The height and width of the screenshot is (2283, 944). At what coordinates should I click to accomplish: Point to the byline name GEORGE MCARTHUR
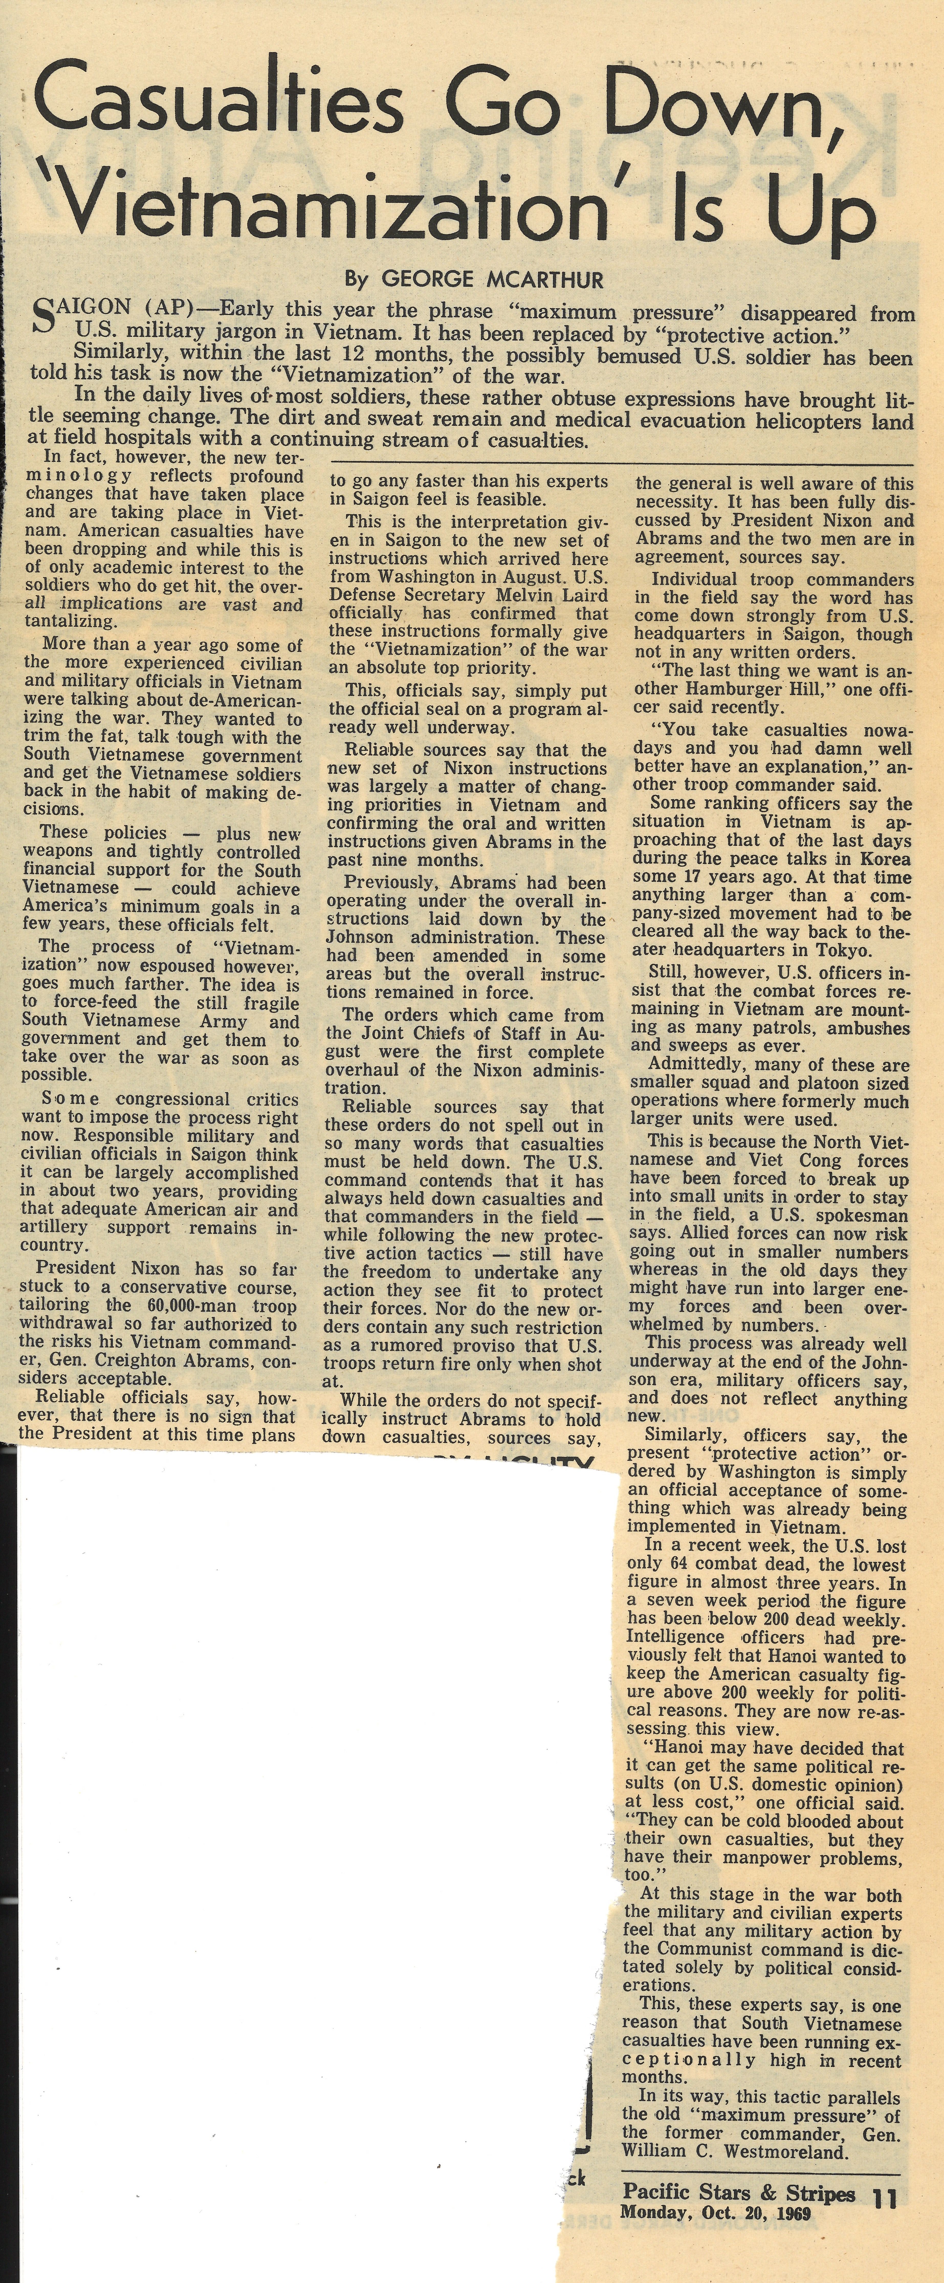(x=492, y=280)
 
